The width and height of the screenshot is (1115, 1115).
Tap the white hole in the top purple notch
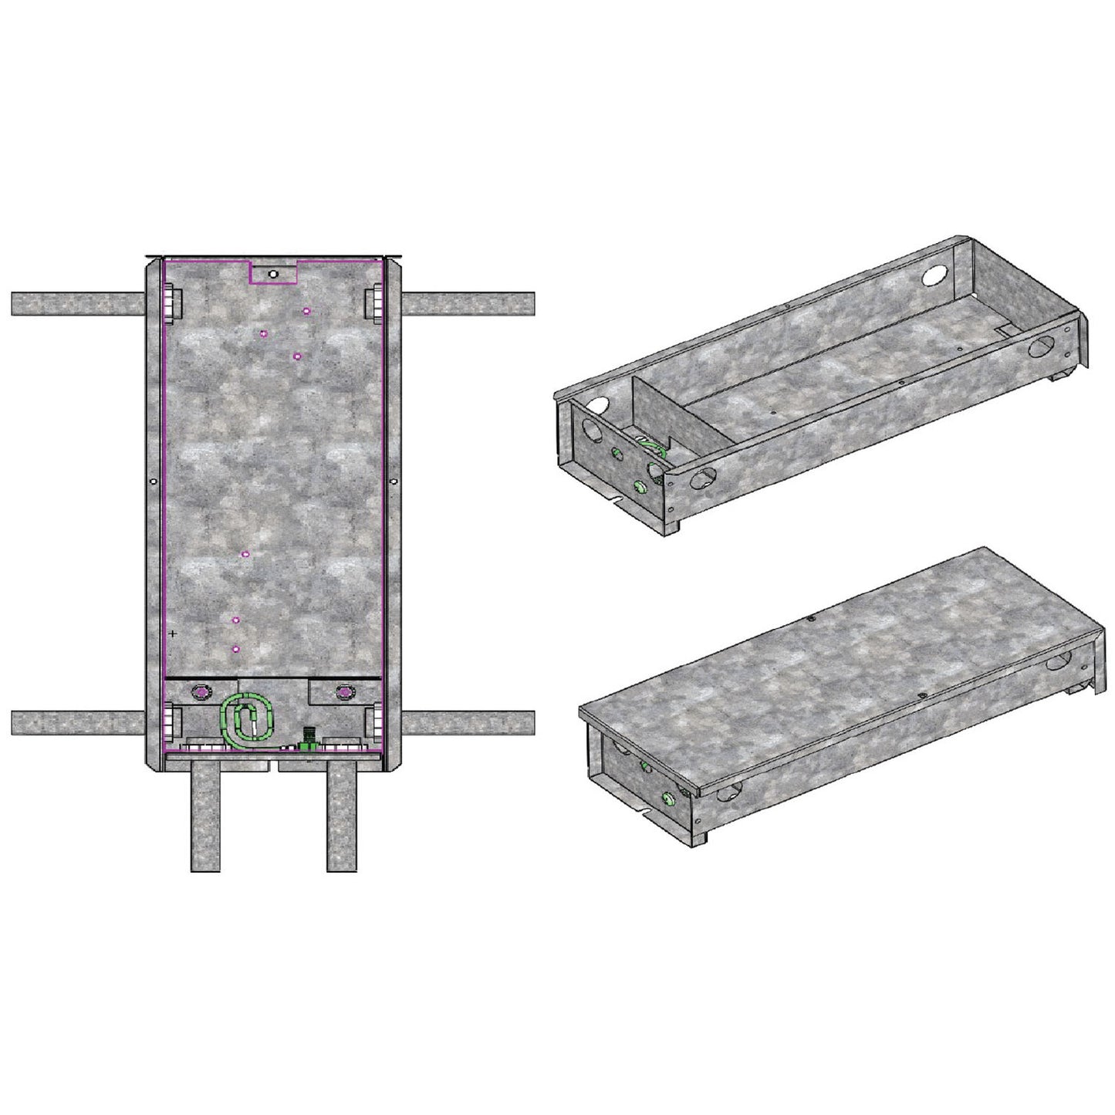coord(273,274)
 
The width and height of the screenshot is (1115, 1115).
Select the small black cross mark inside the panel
coord(173,633)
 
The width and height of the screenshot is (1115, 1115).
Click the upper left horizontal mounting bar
coord(77,303)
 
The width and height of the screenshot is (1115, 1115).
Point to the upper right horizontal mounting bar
coord(469,303)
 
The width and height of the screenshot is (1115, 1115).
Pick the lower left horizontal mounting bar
coord(77,723)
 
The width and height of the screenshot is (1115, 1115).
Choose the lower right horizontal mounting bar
coord(469,723)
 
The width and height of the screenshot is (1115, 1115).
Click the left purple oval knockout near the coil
coord(201,692)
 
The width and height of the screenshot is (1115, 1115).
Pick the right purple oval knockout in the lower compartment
coord(343,693)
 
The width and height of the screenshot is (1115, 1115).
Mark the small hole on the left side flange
coord(154,481)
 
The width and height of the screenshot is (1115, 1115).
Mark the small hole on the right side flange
coord(394,481)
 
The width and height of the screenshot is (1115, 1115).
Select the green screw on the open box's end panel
coord(639,485)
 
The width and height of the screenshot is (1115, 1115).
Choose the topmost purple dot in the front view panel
coord(306,310)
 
